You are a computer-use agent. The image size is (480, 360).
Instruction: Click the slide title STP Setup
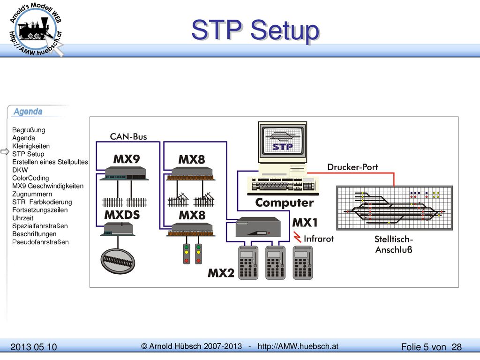click(x=255, y=30)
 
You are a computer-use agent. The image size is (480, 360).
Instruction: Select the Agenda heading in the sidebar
click(x=28, y=112)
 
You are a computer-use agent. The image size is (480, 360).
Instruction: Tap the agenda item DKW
click(x=20, y=170)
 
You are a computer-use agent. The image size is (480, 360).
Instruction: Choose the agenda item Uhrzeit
click(x=22, y=218)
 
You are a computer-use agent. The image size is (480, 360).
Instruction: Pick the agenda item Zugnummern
click(x=32, y=194)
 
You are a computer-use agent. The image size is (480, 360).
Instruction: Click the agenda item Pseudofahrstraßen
click(x=40, y=242)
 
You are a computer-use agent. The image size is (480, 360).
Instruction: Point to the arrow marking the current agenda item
click(x=5, y=151)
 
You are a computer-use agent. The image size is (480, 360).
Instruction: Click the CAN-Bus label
click(x=128, y=136)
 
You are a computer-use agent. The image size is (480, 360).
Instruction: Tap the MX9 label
click(x=127, y=159)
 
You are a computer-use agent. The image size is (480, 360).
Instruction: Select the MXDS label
click(x=122, y=215)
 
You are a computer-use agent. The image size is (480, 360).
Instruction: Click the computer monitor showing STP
click(x=283, y=142)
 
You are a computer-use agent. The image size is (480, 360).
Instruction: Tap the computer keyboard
click(x=283, y=186)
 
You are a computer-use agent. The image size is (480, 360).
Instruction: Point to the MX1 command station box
click(x=258, y=227)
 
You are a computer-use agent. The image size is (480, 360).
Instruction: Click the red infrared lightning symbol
click(x=297, y=237)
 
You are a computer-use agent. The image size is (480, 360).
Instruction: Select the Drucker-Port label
click(x=352, y=167)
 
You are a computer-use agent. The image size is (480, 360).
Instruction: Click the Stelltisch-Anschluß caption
click(x=394, y=244)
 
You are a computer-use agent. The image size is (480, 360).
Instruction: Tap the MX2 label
click(x=221, y=273)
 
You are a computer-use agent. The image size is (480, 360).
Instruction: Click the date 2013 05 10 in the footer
click(x=34, y=347)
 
